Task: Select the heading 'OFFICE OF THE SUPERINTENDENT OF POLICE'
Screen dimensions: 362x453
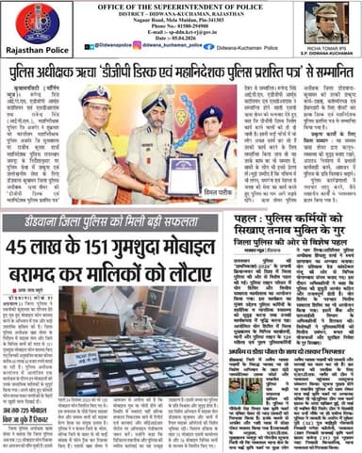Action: pyautogui.click(x=182, y=8)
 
